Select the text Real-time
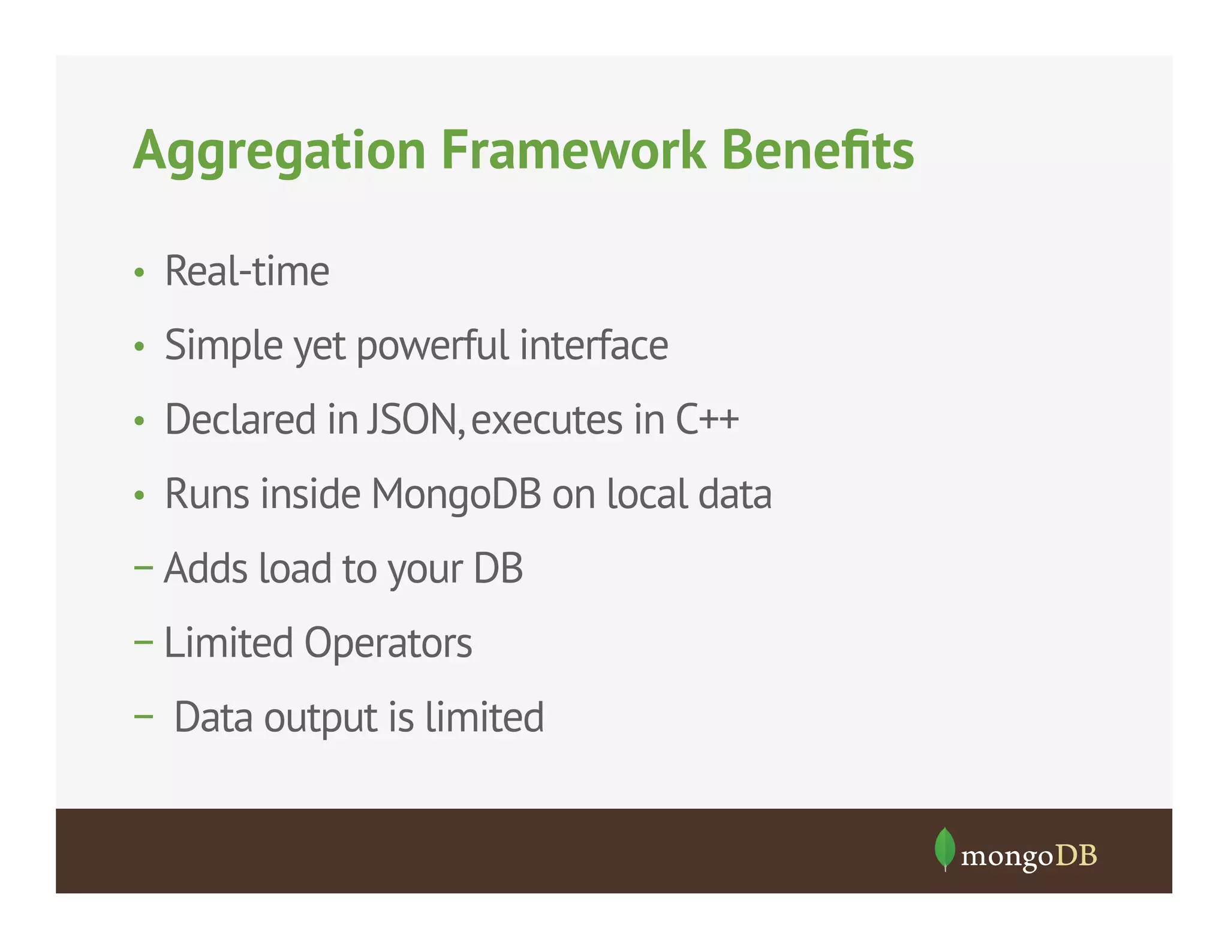point(246,271)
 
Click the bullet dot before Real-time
point(139,273)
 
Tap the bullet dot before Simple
point(139,347)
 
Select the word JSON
point(414,419)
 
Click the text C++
point(707,419)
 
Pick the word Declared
point(240,419)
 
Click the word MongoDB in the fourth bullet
point(456,494)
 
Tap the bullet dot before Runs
point(139,495)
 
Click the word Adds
point(206,568)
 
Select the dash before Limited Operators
point(143,642)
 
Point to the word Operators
point(388,643)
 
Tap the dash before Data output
point(143,716)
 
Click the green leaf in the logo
point(944,848)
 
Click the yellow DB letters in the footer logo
point(1076,855)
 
